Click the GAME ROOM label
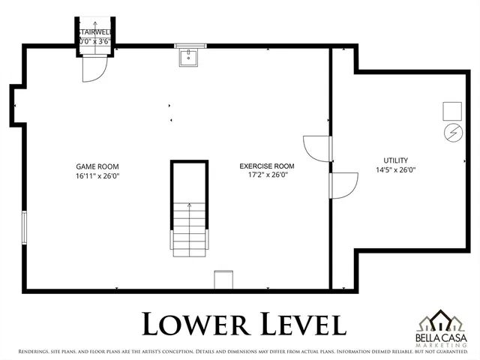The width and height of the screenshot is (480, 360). pyautogui.click(x=97, y=166)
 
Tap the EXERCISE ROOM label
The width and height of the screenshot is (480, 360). pyautogui.click(x=266, y=166)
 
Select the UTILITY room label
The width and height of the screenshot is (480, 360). pyautogui.click(x=395, y=160)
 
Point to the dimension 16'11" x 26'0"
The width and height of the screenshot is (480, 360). pyautogui.click(x=97, y=175)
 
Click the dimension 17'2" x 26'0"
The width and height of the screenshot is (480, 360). pyautogui.click(x=266, y=175)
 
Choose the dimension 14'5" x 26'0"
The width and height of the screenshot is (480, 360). pyautogui.click(x=395, y=169)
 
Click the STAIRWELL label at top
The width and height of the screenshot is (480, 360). pyautogui.click(x=95, y=32)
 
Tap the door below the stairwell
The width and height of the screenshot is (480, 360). pyautogui.click(x=94, y=69)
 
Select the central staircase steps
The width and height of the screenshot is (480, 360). pyautogui.click(x=188, y=229)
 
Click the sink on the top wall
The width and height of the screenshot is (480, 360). pyautogui.click(x=189, y=57)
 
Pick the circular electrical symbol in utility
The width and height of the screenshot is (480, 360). pyautogui.click(x=452, y=133)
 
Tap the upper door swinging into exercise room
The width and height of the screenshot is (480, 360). pyautogui.click(x=315, y=148)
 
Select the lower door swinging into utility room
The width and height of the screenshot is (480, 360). pyautogui.click(x=343, y=185)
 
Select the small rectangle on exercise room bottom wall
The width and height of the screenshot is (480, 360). pyautogui.click(x=223, y=279)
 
